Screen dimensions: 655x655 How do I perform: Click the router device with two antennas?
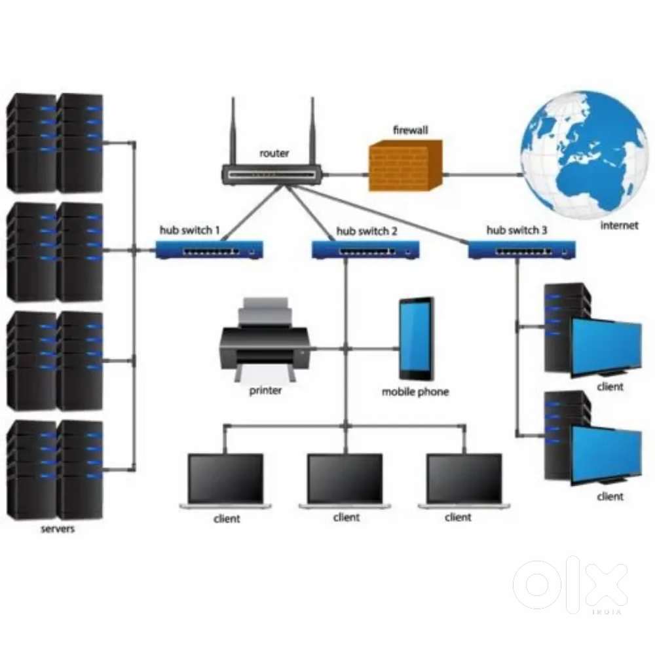273,174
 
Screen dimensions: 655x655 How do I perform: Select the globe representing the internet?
582,155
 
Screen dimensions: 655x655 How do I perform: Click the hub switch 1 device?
209,250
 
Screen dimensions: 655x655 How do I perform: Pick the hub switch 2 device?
365,250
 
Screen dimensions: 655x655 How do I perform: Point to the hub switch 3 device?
521,250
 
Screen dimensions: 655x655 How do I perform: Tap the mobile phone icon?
417,339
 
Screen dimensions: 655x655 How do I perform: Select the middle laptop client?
345,481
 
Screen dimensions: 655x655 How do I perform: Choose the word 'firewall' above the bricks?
410,130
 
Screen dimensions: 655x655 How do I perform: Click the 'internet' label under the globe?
618,226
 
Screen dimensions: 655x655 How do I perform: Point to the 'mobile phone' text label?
415,392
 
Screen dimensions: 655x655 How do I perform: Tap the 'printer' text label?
265,391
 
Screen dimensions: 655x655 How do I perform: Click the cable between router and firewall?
346,175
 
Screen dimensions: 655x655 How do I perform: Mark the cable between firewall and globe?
481,175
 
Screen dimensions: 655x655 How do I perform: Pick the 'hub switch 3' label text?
517,231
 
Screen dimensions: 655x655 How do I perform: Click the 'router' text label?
274,153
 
